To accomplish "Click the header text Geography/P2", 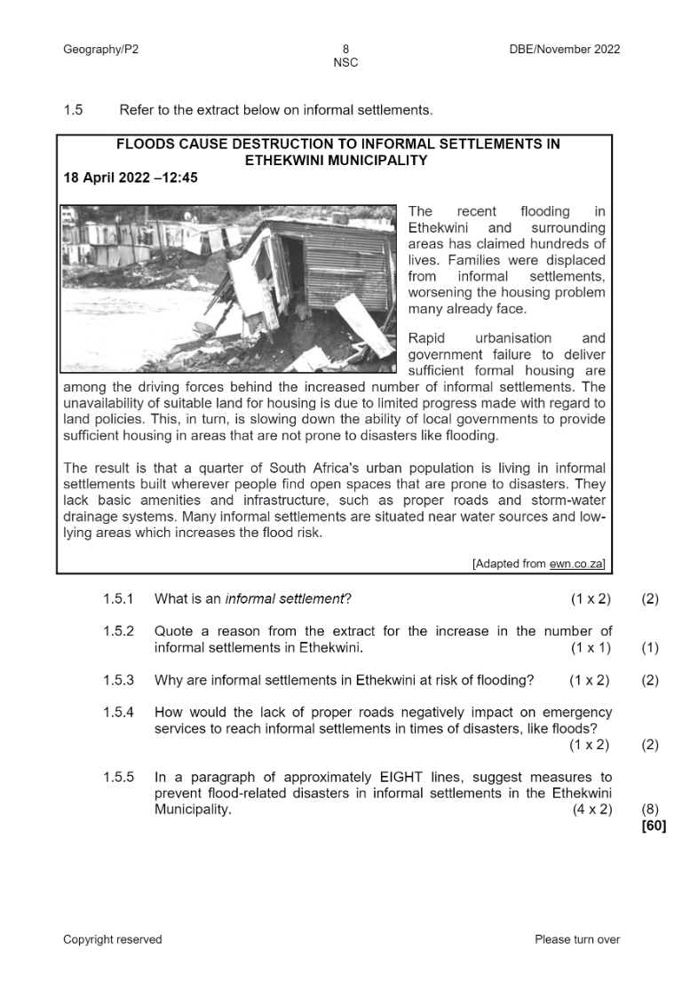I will click(100, 50).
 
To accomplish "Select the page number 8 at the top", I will click(345, 50).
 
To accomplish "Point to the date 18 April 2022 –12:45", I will click(131, 178).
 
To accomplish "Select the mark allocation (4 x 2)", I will click(592, 810).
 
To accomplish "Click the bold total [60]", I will click(653, 826).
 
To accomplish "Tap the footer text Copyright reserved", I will click(113, 940).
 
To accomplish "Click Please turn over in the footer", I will click(577, 940).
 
